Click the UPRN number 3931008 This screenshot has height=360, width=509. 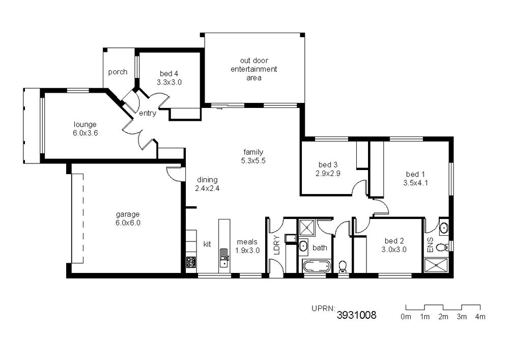[x=356, y=315]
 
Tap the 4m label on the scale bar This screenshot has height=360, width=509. [x=480, y=317]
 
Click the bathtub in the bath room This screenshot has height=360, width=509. [x=317, y=267]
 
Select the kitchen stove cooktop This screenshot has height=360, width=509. [x=191, y=262]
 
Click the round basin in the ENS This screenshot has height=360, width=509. [x=444, y=229]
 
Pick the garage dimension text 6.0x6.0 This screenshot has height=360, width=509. [x=128, y=223]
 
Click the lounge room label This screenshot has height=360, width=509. [x=85, y=124]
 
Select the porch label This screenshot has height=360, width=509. [x=118, y=72]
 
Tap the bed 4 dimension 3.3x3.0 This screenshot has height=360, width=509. [x=169, y=82]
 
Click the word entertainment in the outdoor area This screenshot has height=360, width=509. [x=254, y=69]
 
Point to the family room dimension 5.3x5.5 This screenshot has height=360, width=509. [x=253, y=161]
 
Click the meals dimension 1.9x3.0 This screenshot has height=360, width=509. [x=247, y=251]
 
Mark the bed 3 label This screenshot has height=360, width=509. [x=327, y=165]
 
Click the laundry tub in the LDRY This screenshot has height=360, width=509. [x=290, y=239]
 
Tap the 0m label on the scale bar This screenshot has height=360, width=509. [x=406, y=317]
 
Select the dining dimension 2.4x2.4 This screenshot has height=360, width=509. [x=207, y=188]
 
